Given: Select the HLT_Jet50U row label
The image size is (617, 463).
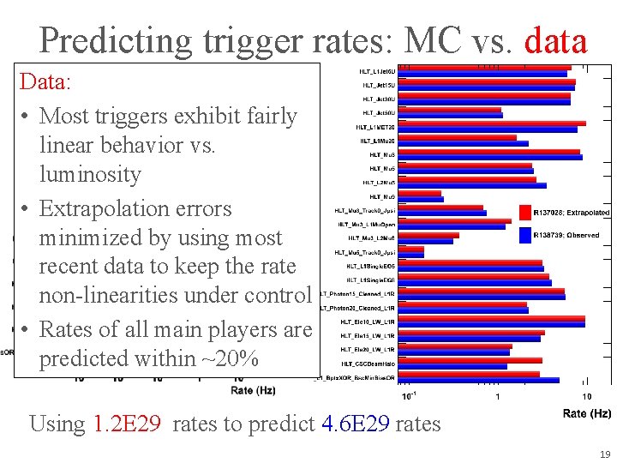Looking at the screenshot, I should tap(379, 112).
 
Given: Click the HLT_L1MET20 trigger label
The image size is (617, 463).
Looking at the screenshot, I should tap(375, 127).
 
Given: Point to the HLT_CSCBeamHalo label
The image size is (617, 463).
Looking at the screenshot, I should tap(368, 364).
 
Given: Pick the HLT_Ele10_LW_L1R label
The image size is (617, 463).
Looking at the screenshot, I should tap(367, 322).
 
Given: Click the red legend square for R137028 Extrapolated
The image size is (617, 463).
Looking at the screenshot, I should tap(525, 212).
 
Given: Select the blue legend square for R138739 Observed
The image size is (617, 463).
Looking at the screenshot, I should tap(525, 234).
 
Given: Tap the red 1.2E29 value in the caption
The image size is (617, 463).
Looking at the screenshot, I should tap(126, 424).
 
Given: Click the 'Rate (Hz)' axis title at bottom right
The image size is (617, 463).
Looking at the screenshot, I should tap(586, 413).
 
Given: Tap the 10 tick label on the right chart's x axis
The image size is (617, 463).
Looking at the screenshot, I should tap(586, 396).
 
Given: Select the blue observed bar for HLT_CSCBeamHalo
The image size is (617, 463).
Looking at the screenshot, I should tap(453, 367).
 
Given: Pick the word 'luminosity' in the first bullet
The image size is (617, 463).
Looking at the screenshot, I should tap(90, 174).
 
